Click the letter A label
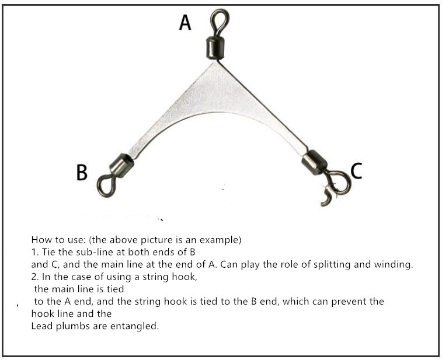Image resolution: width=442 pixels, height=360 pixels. pos(185,22)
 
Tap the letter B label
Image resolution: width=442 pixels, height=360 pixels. pos(82,172)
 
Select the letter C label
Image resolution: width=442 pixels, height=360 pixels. pos(356,171)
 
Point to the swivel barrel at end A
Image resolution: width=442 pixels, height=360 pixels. pos(215,47)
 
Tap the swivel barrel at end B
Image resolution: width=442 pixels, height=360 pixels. pos(121,165)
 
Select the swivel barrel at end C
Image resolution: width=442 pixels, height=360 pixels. pos(314,162)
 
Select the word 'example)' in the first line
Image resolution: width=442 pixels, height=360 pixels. pos(221,240)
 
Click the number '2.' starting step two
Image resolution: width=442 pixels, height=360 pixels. pos(35,277)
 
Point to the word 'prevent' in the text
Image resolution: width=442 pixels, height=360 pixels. pos(349,302)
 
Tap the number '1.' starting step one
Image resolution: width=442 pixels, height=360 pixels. pos(35,252)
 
